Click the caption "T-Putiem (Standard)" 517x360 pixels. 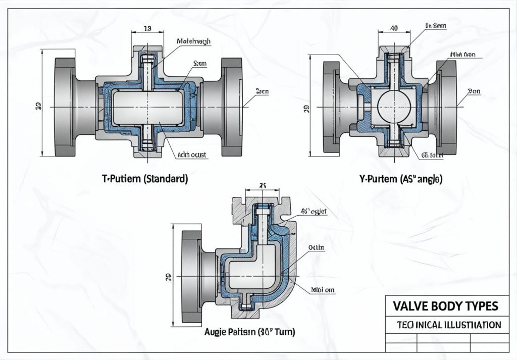(145, 179)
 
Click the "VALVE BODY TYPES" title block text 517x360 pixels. (445, 306)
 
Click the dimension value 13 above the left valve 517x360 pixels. (147, 29)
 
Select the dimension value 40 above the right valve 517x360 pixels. (394, 29)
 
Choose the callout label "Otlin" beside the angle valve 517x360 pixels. (317, 247)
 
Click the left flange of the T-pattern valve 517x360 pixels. (65, 107)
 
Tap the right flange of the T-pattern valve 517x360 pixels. (231, 107)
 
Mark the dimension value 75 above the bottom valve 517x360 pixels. (262, 185)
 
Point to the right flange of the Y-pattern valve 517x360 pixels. (446, 107)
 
